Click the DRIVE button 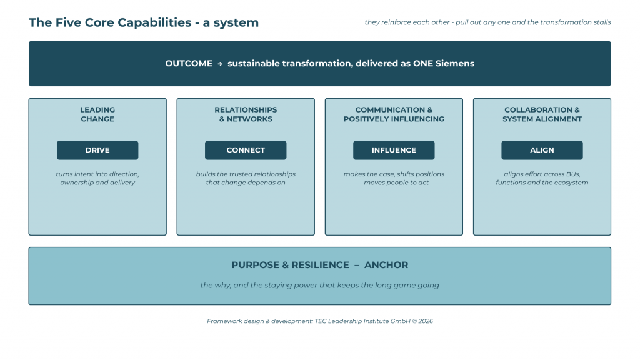click(x=97, y=150)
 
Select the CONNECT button click(x=246, y=150)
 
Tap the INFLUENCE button click(x=394, y=150)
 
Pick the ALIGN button click(x=542, y=150)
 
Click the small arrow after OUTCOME click(x=220, y=64)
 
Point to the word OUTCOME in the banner click(x=189, y=64)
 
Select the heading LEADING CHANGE click(x=97, y=114)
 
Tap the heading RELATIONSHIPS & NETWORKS click(x=246, y=114)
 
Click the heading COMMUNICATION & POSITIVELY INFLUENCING click(x=394, y=114)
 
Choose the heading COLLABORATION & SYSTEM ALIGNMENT click(x=542, y=114)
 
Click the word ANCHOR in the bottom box click(x=386, y=265)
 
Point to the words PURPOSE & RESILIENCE click(x=290, y=265)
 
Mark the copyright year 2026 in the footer click(x=426, y=321)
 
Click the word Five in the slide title click(x=68, y=22)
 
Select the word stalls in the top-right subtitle click(x=602, y=22)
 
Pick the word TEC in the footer click(x=321, y=321)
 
